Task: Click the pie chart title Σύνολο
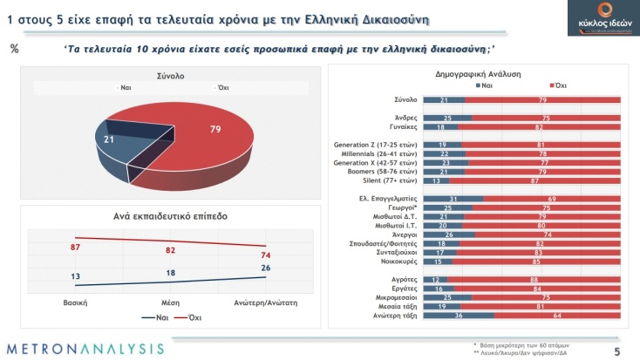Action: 170,76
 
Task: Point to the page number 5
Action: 616,351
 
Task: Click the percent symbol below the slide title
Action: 14,48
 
